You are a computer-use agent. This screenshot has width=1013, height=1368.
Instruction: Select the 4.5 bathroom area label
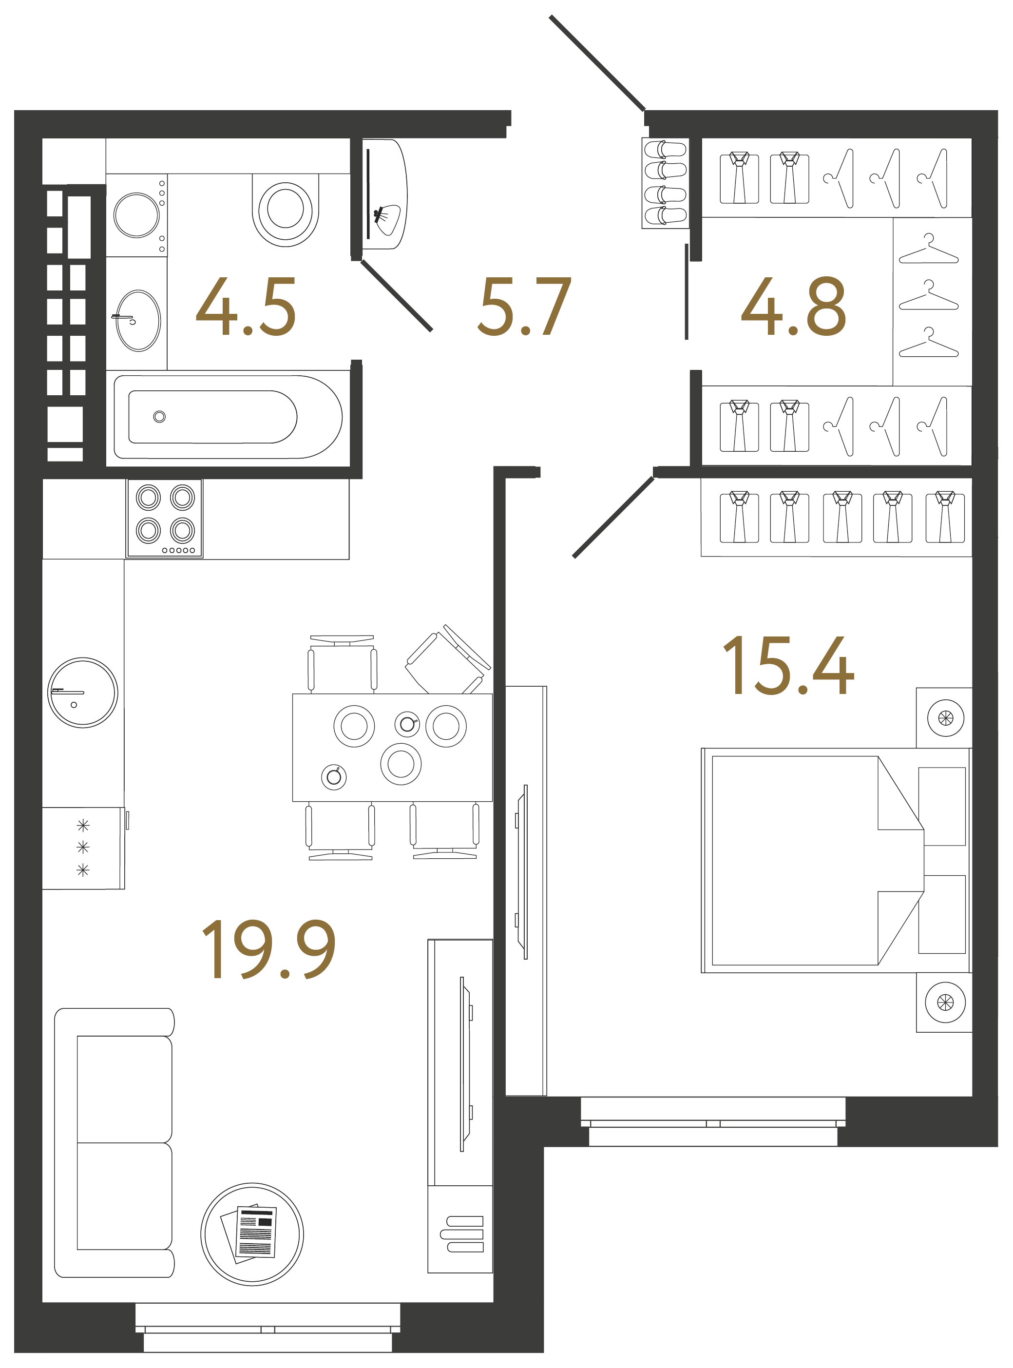tap(246, 307)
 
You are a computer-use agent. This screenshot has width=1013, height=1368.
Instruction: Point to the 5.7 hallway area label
tap(524, 307)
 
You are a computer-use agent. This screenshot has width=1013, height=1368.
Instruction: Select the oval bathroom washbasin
tap(138, 321)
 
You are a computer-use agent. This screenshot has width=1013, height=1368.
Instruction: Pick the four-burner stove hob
tap(164, 519)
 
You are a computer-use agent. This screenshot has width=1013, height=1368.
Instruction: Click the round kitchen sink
tap(83, 693)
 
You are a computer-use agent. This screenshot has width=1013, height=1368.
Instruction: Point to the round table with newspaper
tap(252, 1234)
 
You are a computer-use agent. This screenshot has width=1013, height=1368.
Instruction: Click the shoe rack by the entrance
tap(665, 183)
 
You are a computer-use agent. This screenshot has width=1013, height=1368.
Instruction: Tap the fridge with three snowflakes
tap(83, 848)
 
